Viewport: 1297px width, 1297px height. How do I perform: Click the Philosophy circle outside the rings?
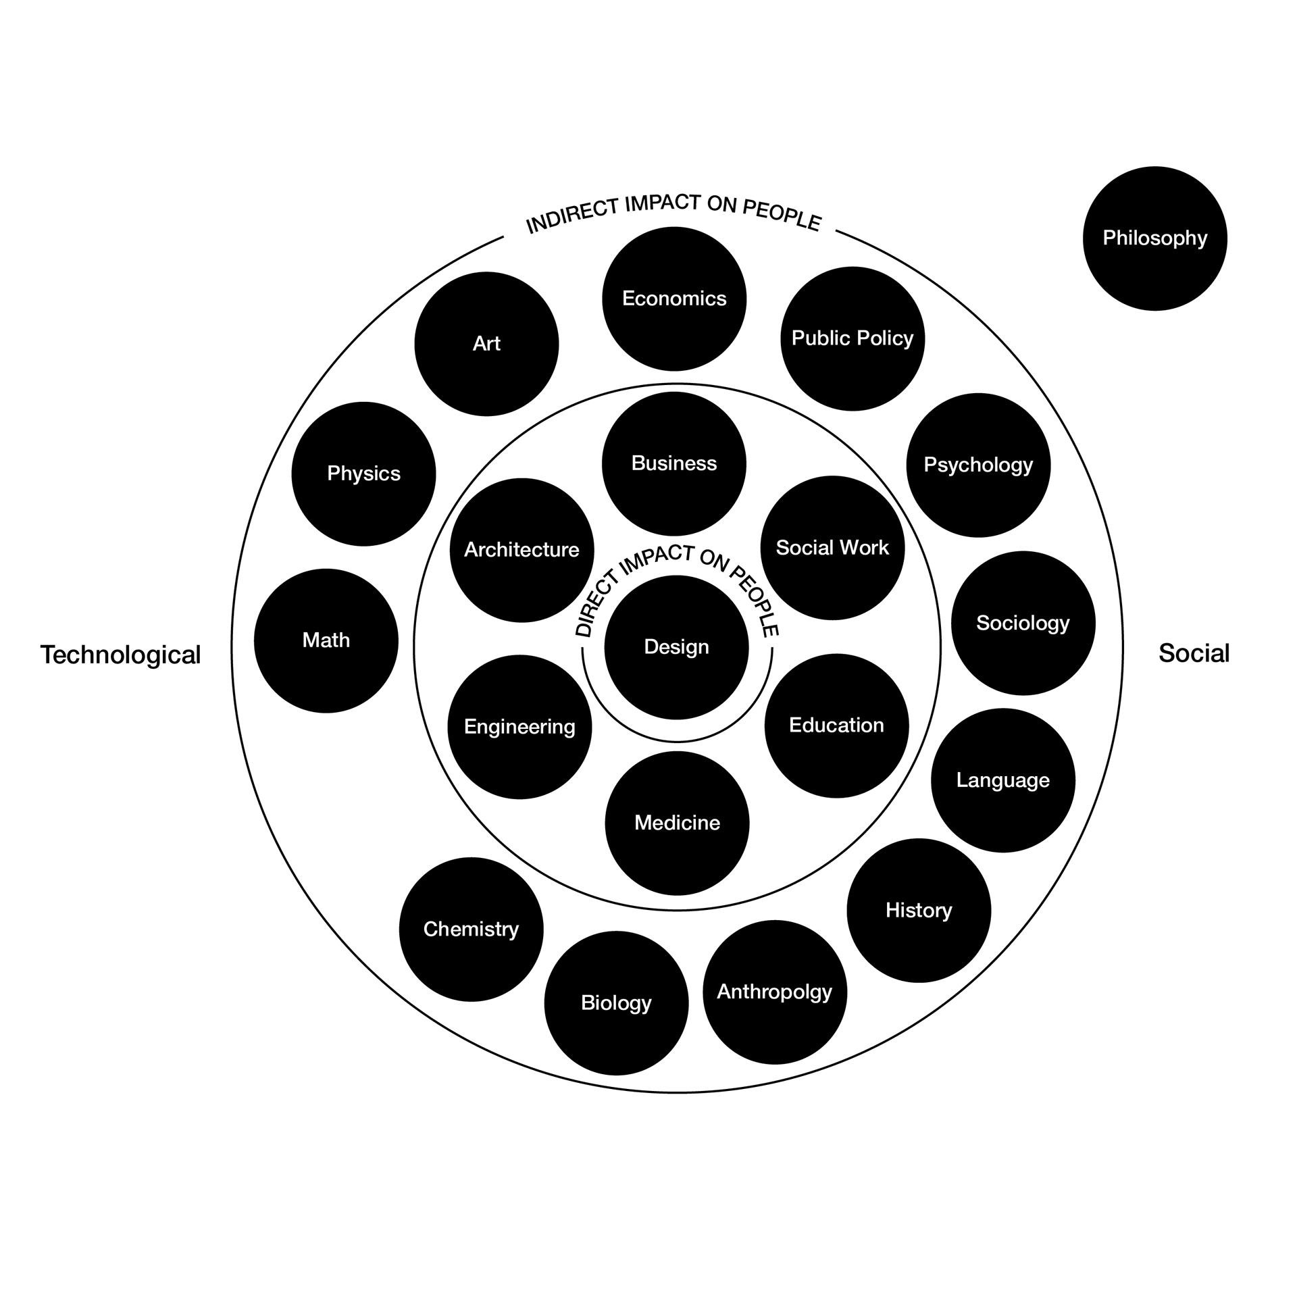pos(1154,238)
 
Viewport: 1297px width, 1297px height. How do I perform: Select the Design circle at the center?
pos(676,647)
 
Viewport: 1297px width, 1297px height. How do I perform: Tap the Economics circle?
pos(674,299)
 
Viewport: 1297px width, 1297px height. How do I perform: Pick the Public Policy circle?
pos(853,338)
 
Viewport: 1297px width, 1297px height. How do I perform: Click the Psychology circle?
pos(978,465)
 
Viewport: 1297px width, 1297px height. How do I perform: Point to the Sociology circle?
pos(1023,623)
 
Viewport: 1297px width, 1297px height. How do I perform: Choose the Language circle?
pos(1002,780)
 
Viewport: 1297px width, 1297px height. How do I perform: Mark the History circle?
pos(919,911)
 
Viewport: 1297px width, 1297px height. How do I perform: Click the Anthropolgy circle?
pos(774,992)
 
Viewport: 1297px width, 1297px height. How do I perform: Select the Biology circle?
pos(616,1003)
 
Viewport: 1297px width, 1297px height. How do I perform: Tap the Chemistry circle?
pos(471,930)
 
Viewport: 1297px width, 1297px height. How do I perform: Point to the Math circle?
pos(326,640)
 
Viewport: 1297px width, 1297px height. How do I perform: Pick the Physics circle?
pos(363,474)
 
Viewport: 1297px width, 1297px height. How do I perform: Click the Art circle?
pos(486,344)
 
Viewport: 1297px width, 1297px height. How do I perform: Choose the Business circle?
pos(674,463)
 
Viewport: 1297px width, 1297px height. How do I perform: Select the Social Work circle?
pos(832,548)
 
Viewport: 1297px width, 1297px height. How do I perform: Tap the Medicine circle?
pos(677,823)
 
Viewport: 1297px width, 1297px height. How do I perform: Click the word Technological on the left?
pos(120,655)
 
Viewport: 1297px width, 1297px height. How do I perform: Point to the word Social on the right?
pos(1194,653)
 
